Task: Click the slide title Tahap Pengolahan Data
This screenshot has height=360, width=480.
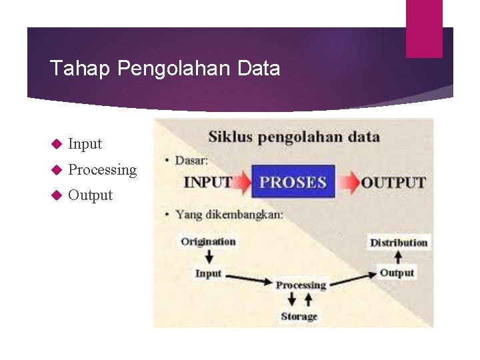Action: (x=165, y=69)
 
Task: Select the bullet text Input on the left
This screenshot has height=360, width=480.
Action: (x=85, y=144)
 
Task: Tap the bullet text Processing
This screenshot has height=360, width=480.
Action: (x=102, y=170)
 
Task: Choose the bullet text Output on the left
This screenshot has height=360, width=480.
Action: (x=90, y=195)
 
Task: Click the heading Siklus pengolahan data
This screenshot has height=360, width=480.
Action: (x=294, y=137)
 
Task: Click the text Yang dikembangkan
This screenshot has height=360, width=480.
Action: (x=229, y=215)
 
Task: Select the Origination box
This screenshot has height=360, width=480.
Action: (x=208, y=241)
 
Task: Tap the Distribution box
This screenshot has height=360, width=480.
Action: (x=399, y=243)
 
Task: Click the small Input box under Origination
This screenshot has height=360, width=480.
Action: (x=208, y=273)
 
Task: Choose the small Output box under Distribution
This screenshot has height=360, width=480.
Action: (x=397, y=273)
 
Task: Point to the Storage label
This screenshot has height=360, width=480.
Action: (x=299, y=317)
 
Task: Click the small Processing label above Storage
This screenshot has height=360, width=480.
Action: (x=301, y=285)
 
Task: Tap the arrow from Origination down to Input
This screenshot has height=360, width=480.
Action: (x=209, y=257)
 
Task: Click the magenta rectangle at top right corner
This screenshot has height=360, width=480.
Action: (x=424, y=28)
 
